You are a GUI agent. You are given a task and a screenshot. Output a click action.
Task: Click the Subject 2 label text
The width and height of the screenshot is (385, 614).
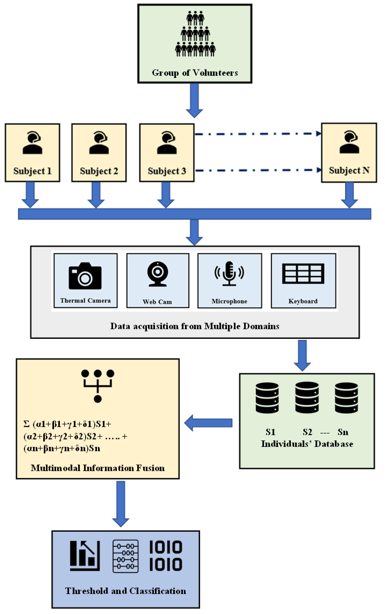99,171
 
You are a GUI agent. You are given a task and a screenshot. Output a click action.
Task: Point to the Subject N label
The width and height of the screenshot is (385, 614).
349,170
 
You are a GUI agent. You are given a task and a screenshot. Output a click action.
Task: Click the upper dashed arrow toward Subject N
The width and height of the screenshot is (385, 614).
257,134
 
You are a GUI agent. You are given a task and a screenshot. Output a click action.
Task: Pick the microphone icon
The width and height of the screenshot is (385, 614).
229,274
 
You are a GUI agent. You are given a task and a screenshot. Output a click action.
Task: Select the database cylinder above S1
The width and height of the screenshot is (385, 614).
267,398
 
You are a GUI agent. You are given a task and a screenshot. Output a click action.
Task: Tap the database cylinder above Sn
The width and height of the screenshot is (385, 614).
346,398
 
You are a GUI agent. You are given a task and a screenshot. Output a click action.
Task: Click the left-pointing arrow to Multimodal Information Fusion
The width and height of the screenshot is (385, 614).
208,423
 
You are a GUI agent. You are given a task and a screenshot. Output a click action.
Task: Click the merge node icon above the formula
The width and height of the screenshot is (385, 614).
98,386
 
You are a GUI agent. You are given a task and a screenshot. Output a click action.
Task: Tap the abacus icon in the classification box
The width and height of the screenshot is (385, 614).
126,556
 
